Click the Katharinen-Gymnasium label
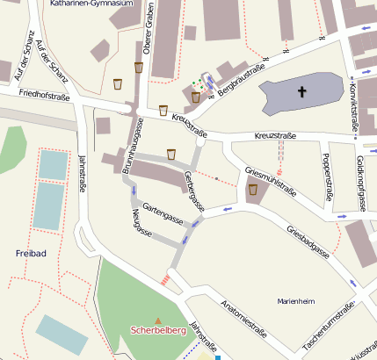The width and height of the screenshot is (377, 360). tap(91, 4)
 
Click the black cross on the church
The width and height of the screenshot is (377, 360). tap(302, 91)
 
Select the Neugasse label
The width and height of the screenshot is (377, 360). tap(141, 224)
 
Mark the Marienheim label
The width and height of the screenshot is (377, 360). tap(295, 301)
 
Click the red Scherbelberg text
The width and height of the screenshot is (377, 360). tap(157, 331)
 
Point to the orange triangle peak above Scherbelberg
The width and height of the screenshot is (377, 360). tap(158, 320)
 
